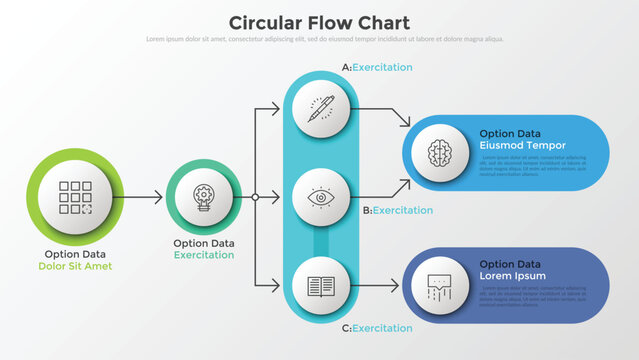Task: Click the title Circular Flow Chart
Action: tap(319, 22)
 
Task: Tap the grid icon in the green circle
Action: tap(76, 198)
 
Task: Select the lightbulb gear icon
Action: tap(204, 198)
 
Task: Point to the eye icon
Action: tap(321, 198)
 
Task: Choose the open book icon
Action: tap(321, 286)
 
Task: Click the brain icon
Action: tap(440, 152)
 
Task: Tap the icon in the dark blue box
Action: tap(440, 286)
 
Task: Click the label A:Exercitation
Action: tap(377, 67)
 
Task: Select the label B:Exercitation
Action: tap(397, 210)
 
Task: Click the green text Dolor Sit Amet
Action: tap(76, 266)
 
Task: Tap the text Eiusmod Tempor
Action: tap(521, 145)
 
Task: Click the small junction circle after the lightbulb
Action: tap(255, 198)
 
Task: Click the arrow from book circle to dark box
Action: tap(380, 286)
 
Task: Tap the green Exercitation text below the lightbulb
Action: tap(204, 255)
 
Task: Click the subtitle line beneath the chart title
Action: tap(319, 39)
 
